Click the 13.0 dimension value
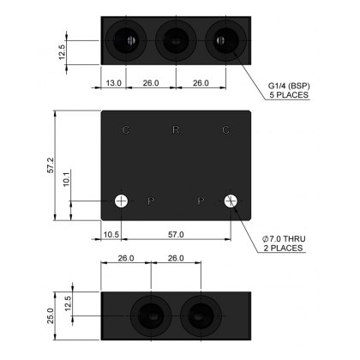pos(112,83)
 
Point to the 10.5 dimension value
pos(111,233)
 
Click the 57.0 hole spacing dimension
pos(175,233)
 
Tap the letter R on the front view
pos(176,130)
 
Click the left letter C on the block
pos(126,130)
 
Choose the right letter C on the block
pos(225,130)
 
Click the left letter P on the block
pos(150,201)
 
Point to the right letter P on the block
pos(201,201)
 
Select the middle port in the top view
pos(175,40)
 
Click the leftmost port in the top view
pos(125,40)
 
